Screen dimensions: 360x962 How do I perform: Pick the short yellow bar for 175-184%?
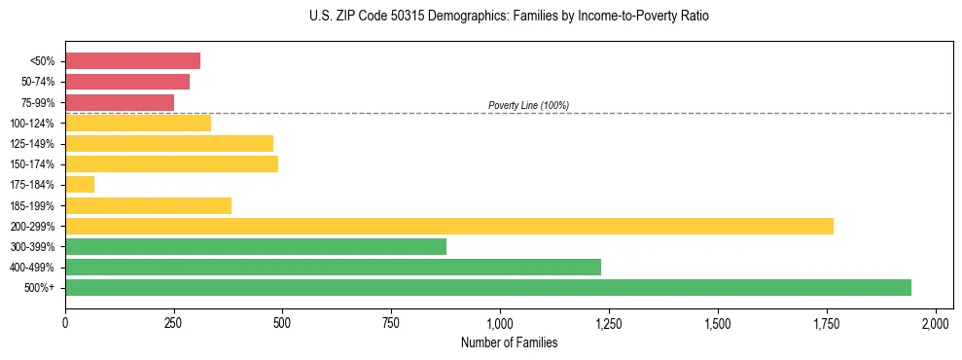[x=80, y=184]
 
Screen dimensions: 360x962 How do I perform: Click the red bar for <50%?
[x=132, y=61]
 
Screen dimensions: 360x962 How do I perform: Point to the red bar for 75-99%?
[x=120, y=102]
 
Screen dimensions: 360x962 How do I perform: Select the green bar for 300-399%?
[x=256, y=246]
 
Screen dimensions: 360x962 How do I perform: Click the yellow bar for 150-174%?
[x=171, y=163]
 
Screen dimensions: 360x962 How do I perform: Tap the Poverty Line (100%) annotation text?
[x=528, y=105]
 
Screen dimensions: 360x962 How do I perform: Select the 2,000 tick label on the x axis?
[x=935, y=322]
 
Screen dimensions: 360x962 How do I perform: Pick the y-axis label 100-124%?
[x=32, y=124]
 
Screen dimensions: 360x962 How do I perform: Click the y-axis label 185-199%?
[x=32, y=205]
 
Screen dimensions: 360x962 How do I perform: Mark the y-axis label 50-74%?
[x=37, y=82]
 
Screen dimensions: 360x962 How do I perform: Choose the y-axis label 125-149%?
[x=32, y=144]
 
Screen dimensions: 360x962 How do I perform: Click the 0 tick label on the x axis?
[x=65, y=322]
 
